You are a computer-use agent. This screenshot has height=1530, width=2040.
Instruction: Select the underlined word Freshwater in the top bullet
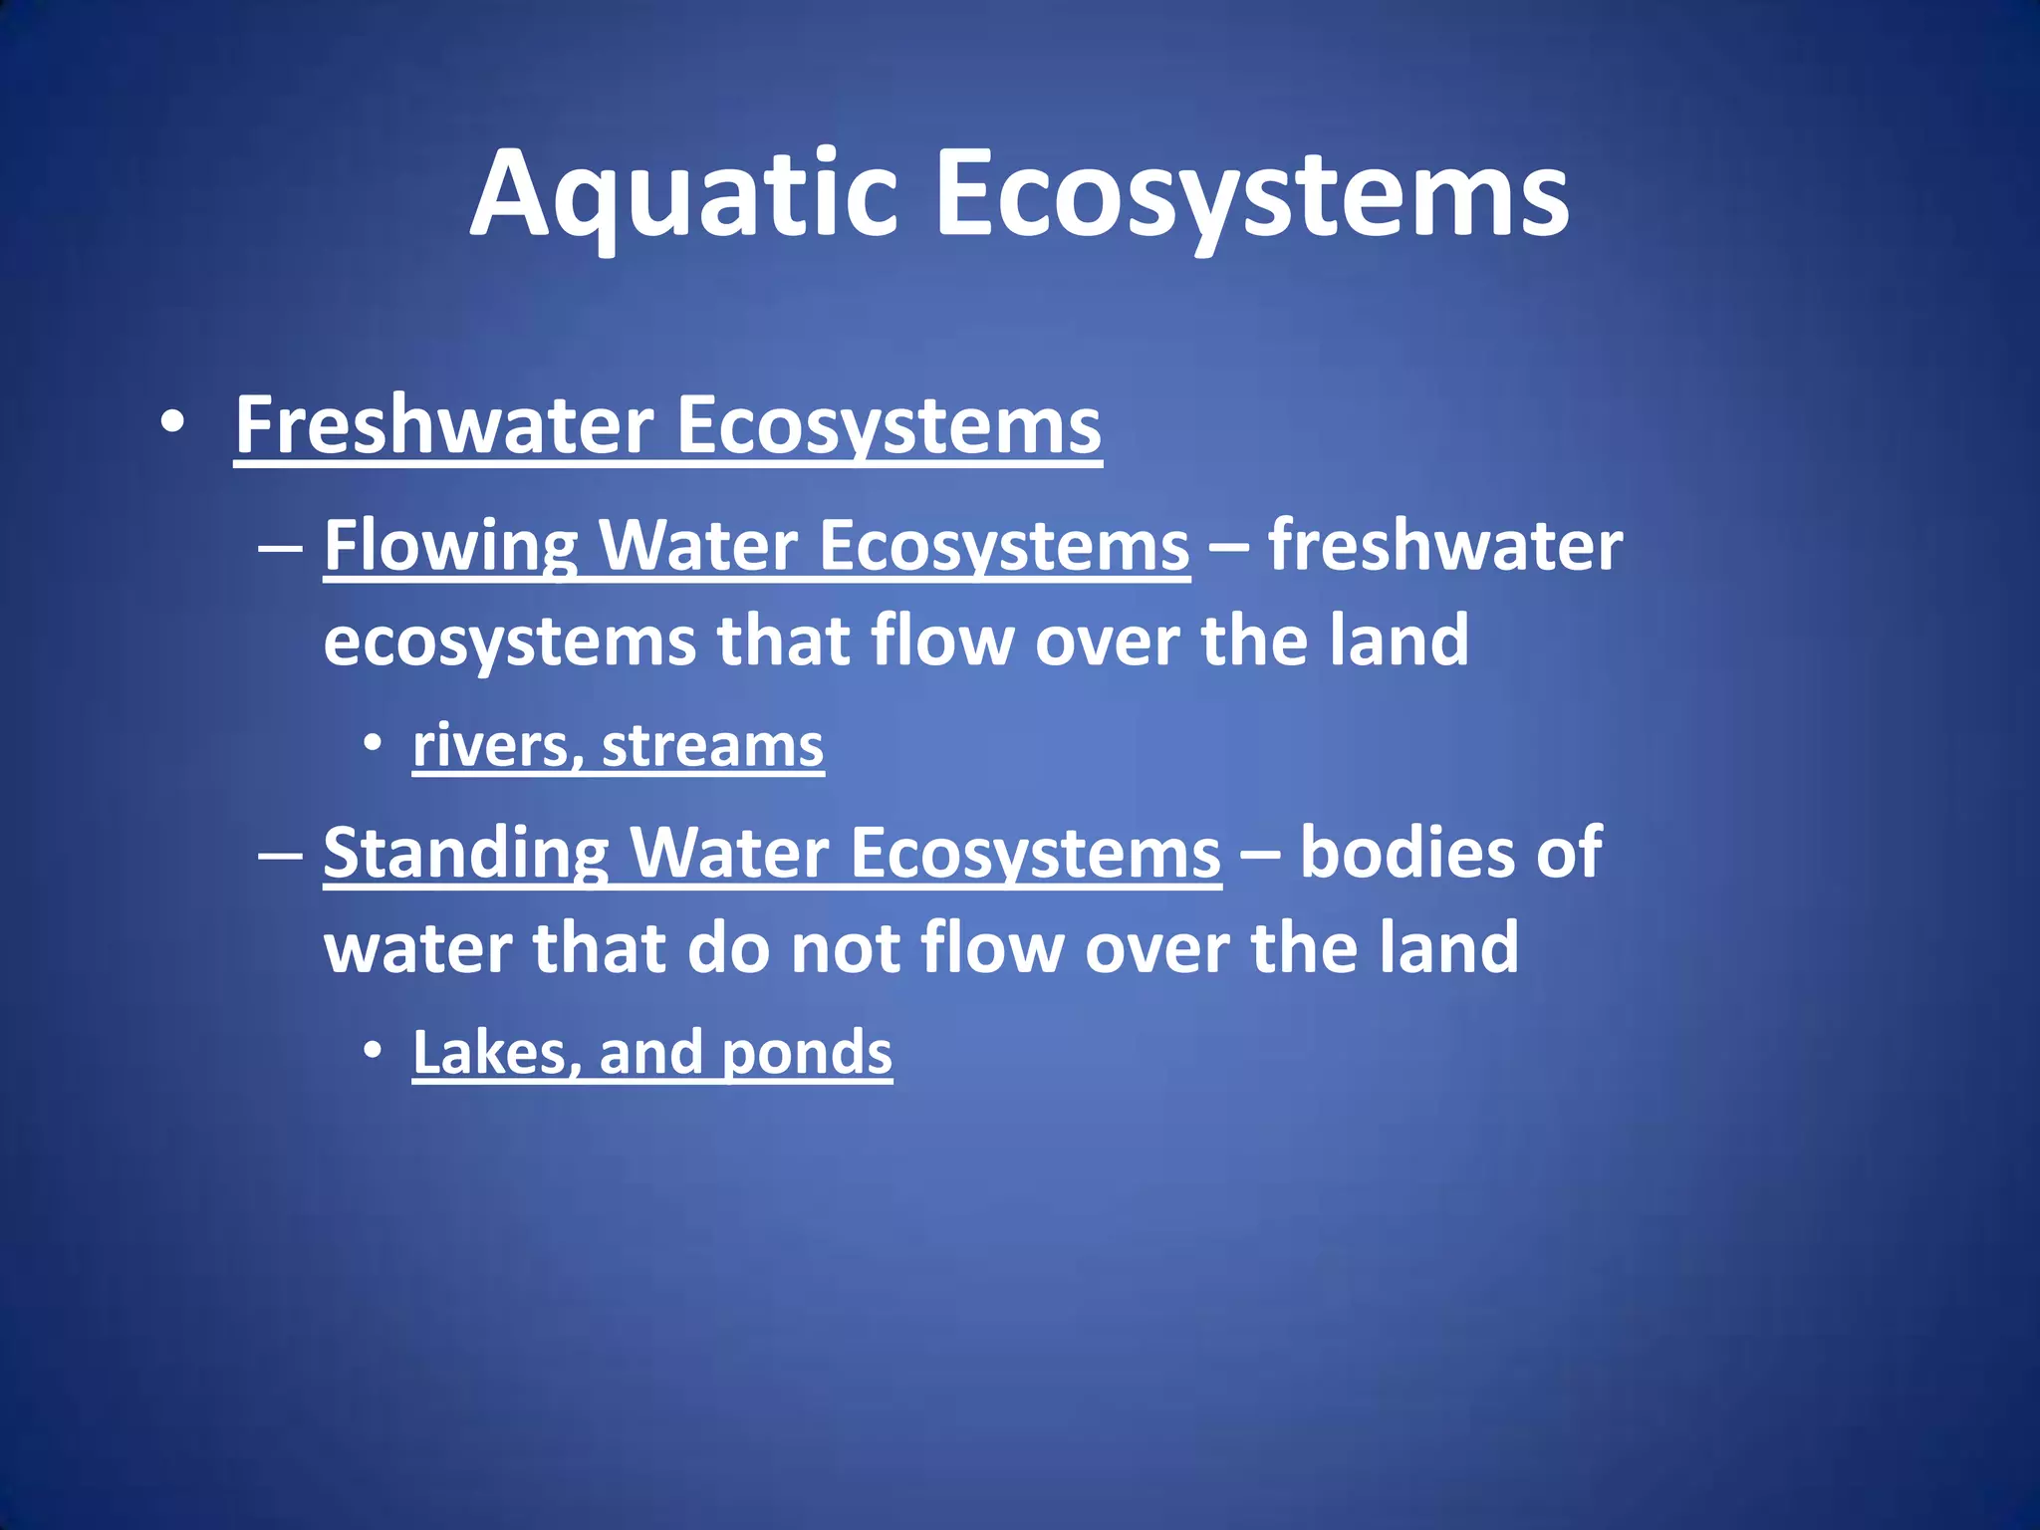[x=443, y=425]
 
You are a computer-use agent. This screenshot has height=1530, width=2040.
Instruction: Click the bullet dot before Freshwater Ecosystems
[x=172, y=422]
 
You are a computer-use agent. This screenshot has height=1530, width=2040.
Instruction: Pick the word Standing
[x=465, y=854]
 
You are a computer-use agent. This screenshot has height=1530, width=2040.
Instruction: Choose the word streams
[x=712, y=746]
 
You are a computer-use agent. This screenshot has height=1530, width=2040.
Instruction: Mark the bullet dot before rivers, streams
[x=373, y=743]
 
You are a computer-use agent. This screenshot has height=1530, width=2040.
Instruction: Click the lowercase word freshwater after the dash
[x=1445, y=547]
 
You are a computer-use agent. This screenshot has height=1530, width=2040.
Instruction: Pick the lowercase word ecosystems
[x=509, y=642]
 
